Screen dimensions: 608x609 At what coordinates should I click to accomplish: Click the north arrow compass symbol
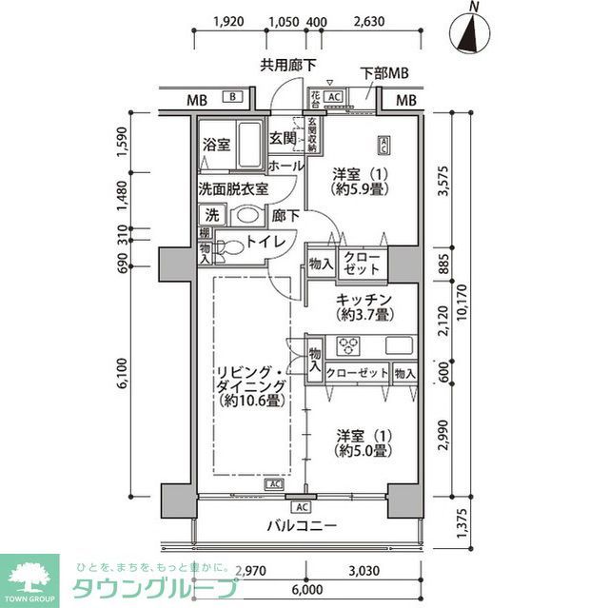pos(470,33)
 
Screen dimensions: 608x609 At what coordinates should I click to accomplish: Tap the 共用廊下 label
pos(289,65)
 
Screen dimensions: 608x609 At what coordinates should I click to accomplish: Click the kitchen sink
pos(398,345)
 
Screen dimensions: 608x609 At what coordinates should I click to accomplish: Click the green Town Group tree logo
pos(29,573)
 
